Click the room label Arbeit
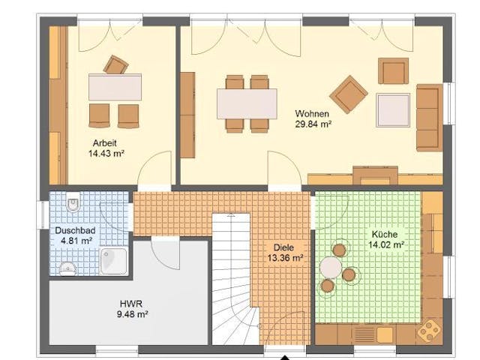(104, 142)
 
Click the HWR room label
(130, 304)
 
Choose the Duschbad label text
(73, 231)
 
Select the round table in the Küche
(331, 266)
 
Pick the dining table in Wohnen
(247, 103)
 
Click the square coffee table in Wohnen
(393, 109)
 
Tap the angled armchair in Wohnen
(348, 94)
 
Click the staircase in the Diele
(232, 277)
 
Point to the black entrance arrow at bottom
(284, 356)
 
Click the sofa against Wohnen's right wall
(429, 117)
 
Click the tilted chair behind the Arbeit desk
(115, 64)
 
